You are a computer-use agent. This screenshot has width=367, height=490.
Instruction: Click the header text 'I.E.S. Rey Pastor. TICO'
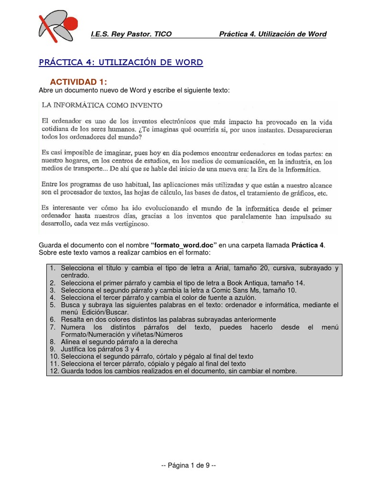131,34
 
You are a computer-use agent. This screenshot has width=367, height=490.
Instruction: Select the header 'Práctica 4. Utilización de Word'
272,34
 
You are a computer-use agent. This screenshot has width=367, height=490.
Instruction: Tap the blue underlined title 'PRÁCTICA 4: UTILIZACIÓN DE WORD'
120,63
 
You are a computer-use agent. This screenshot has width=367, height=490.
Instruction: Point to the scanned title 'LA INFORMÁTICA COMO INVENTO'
102,105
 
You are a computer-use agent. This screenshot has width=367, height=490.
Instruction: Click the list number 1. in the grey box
53,268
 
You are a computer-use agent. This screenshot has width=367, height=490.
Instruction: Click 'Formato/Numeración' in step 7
93,334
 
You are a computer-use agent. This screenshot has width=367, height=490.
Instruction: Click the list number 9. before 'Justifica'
53,349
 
